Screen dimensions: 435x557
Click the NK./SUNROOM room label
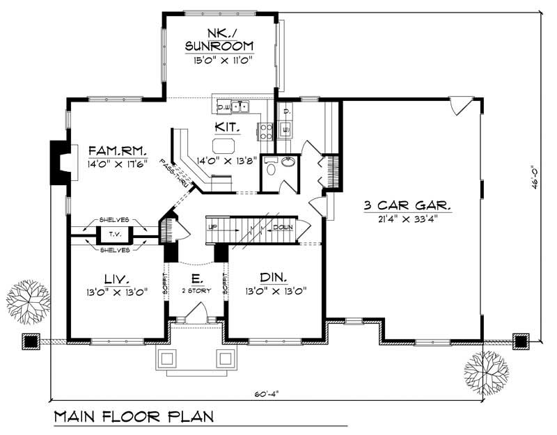[219, 40]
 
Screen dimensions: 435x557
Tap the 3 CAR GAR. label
[408, 205]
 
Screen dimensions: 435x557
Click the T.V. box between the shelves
[110, 234]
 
